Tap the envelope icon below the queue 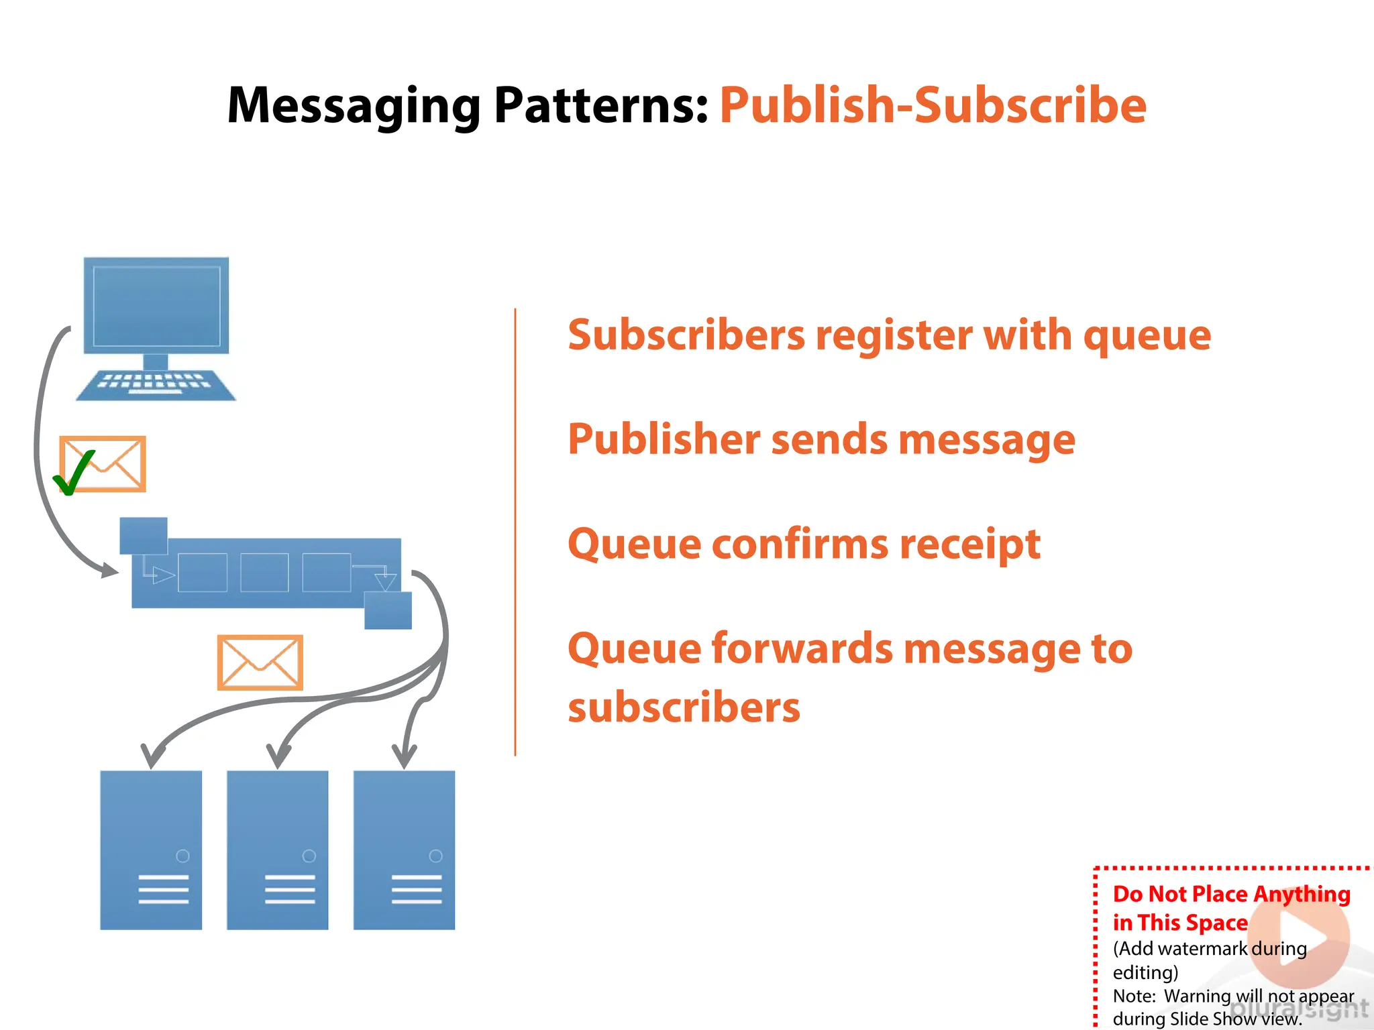pos(260,663)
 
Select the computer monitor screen pos(156,306)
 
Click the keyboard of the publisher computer pos(156,385)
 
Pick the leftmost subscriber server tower pos(151,850)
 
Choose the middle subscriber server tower pos(278,850)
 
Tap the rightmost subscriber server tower pos(404,850)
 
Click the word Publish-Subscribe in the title pos(933,106)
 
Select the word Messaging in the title pos(354,106)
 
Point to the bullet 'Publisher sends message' pos(821,439)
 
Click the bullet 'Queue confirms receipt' pos(804,544)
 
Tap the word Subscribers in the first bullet pos(686,335)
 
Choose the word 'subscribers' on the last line pos(684,707)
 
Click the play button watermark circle pos(1300,937)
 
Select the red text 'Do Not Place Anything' pos(1231,894)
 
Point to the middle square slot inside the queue pos(264,572)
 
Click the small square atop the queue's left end pos(144,535)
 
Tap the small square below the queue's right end pos(388,610)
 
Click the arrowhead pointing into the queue pos(110,571)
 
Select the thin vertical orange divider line pos(515,532)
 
